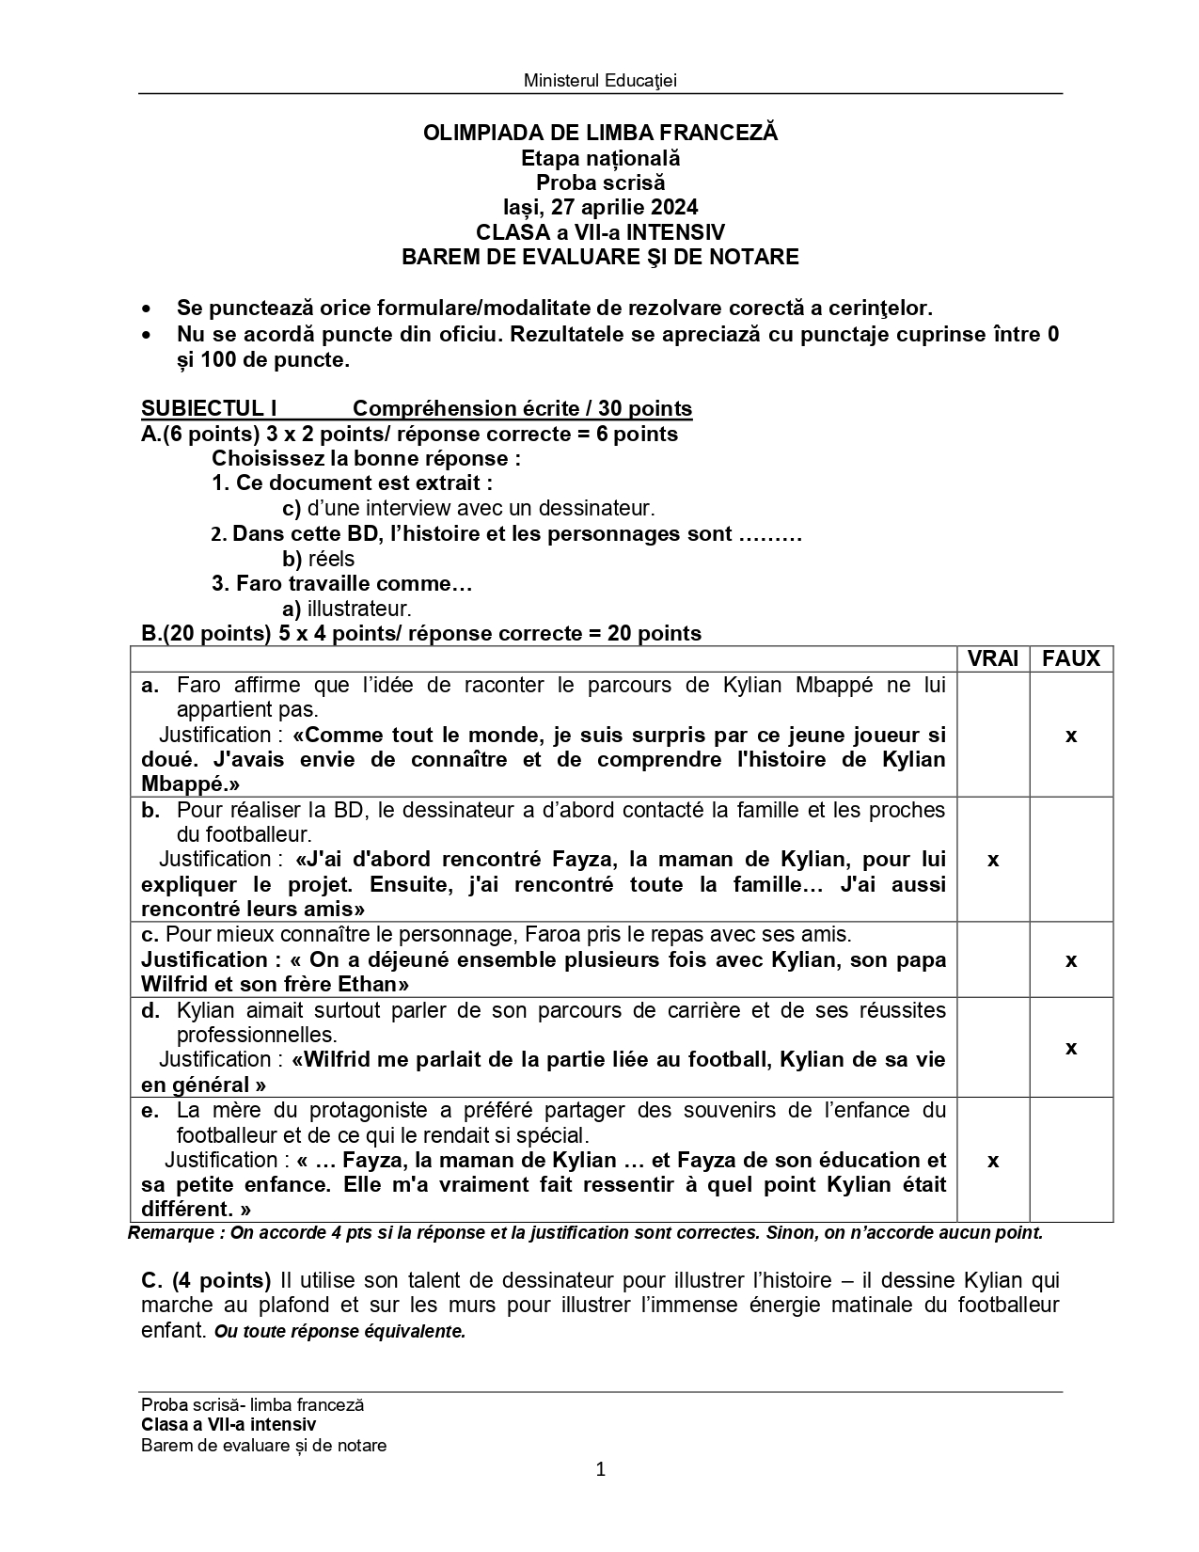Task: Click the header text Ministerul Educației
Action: pyautogui.click(x=600, y=80)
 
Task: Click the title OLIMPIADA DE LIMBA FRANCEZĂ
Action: pyautogui.click(x=600, y=133)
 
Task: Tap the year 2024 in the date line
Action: pyautogui.click(x=674, y=207)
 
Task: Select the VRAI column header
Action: pyautogui.click(x=993, y=658)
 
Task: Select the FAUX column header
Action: pyautogui.click(x=1071, y=658)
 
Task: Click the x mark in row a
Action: pyautogui.click(x=1071, y=736)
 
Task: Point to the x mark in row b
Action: pyautogui.click(x=993, y=860)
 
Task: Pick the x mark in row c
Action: pyautogui.click(x=1071, y=960)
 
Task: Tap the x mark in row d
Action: pyautogui.click(x=1071, y=1048)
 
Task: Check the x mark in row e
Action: pyautogui.click(x=993, y=1161)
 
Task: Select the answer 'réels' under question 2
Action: pyautogui.click(x=331, y=559)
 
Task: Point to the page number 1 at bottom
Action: pyautogui.click(x=601, y=1469)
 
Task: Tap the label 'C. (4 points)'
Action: pyautogui.click(x=206, y=1280)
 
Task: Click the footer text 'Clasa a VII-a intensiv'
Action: pyautogui.click(x=229, y=1425)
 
